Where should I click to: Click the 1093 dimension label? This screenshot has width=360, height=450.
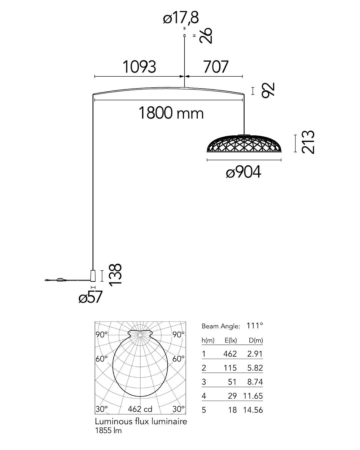[139, 67]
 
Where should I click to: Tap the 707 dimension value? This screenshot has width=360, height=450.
[216, 67]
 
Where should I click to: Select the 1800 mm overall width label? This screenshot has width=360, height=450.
[171, 113]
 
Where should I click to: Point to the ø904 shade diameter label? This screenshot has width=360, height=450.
[243, 172]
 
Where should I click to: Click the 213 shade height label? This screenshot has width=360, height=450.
[308, 142]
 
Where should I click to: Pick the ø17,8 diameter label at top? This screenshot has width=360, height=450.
[181, 18]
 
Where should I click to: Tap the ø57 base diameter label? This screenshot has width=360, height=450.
[90, 297]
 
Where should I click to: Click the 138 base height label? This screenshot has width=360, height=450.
[115, 275]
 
